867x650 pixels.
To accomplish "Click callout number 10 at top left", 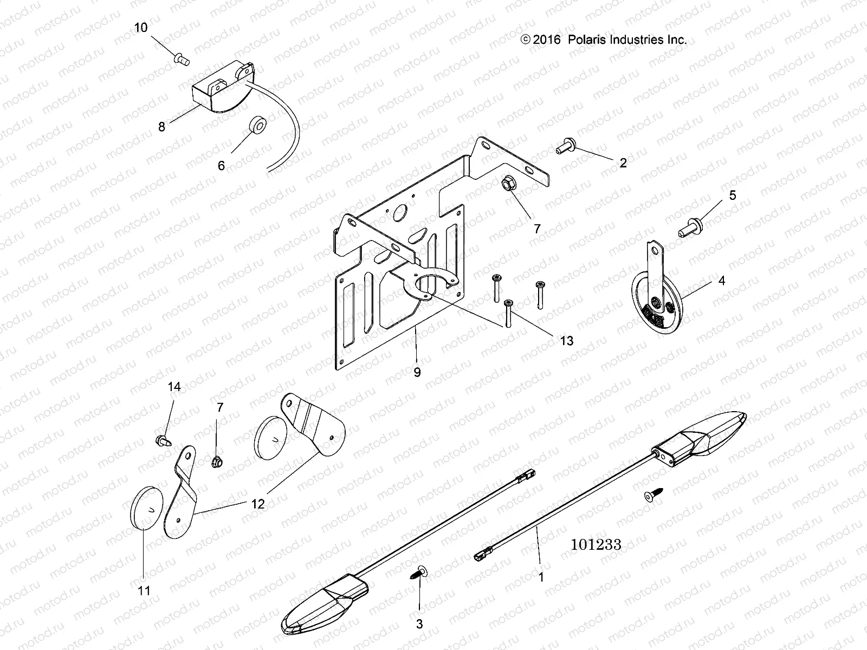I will click(x=141, y=28).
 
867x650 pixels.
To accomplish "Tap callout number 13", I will click(x=567, y=341).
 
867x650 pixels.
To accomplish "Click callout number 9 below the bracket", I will click(x=417, y=373).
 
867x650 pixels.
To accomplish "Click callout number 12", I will click(x=258, y=504).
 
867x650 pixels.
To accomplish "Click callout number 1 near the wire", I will click(x=540, y=577).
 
